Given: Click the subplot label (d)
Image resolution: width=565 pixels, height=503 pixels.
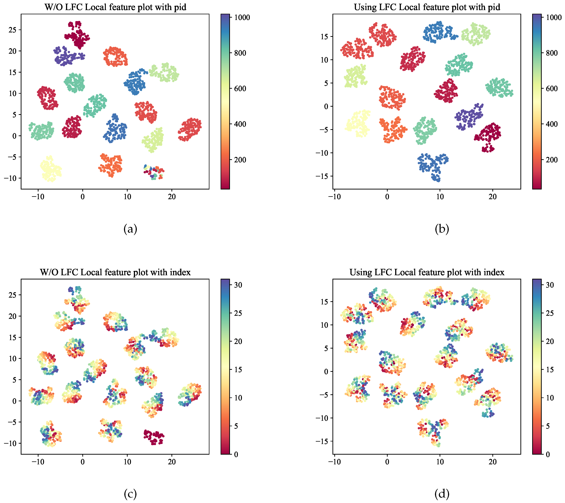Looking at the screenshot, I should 442,494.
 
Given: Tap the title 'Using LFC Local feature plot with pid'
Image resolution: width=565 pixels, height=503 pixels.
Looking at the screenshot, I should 427,7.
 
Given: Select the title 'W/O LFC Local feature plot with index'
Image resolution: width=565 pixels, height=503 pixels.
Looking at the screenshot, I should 115,272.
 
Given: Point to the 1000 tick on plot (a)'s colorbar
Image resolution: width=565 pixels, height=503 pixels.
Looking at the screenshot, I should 242,17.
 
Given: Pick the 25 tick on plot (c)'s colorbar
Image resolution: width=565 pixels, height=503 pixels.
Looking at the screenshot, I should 238,313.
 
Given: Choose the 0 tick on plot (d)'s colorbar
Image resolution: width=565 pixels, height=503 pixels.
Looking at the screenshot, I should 548,454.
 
